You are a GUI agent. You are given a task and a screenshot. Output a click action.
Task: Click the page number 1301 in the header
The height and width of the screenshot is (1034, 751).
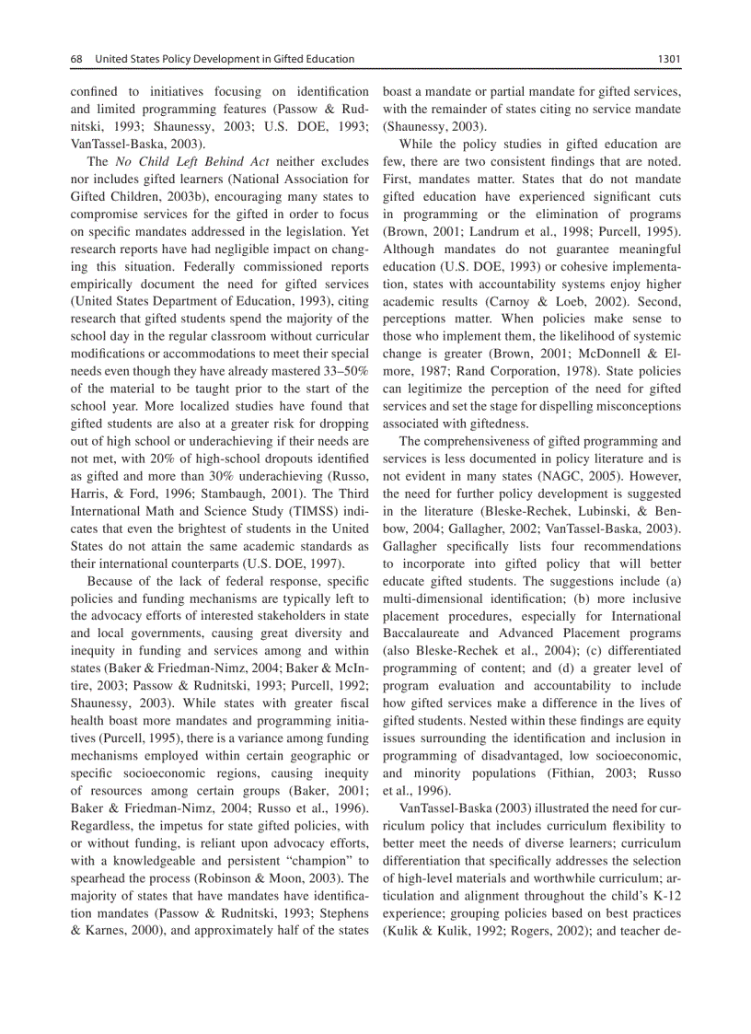(x=668, y=59)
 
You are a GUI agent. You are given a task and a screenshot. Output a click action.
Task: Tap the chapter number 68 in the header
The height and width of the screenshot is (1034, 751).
(x=77, y=59)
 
